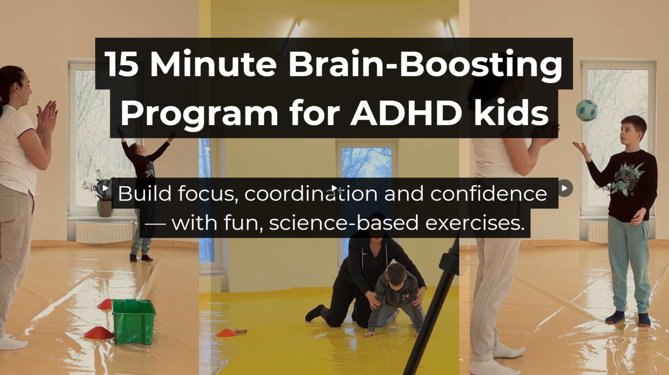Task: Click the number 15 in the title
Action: click(122, 64)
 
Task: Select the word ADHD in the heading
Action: click(406, 113)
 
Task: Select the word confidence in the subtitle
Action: click(489, 193)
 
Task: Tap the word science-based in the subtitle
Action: click(344, 223)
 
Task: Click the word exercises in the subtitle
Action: click(475, 223)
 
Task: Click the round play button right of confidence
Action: click(564, 188)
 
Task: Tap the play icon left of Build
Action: click(105, 188)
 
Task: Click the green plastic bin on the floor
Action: click(134, 321)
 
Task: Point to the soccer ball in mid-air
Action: click(587, 110)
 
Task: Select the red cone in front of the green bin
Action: click(99, 333)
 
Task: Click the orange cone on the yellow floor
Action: click(226, 333)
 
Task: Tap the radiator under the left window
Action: click(104, 231)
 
